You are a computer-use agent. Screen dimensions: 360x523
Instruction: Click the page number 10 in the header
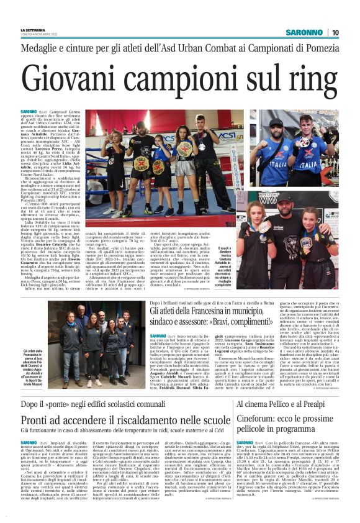(x=335, y=32)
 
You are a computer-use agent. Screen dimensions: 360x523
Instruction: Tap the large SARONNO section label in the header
(x=302, y=32)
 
